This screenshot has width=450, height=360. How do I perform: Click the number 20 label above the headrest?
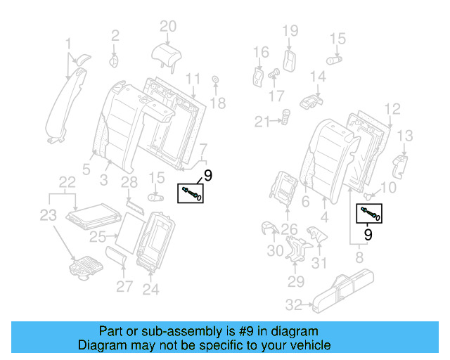167,27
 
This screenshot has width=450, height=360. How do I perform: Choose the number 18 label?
218,104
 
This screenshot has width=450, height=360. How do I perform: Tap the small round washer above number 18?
214,79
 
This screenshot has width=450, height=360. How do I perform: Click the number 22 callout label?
67,182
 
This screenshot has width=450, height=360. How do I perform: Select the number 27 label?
124,286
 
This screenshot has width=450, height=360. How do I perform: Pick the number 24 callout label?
150,289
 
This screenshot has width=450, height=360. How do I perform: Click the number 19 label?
290,30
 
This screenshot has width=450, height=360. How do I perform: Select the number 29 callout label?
295,282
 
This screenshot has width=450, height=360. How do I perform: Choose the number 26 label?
289,229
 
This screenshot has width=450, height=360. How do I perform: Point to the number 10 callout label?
388,188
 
